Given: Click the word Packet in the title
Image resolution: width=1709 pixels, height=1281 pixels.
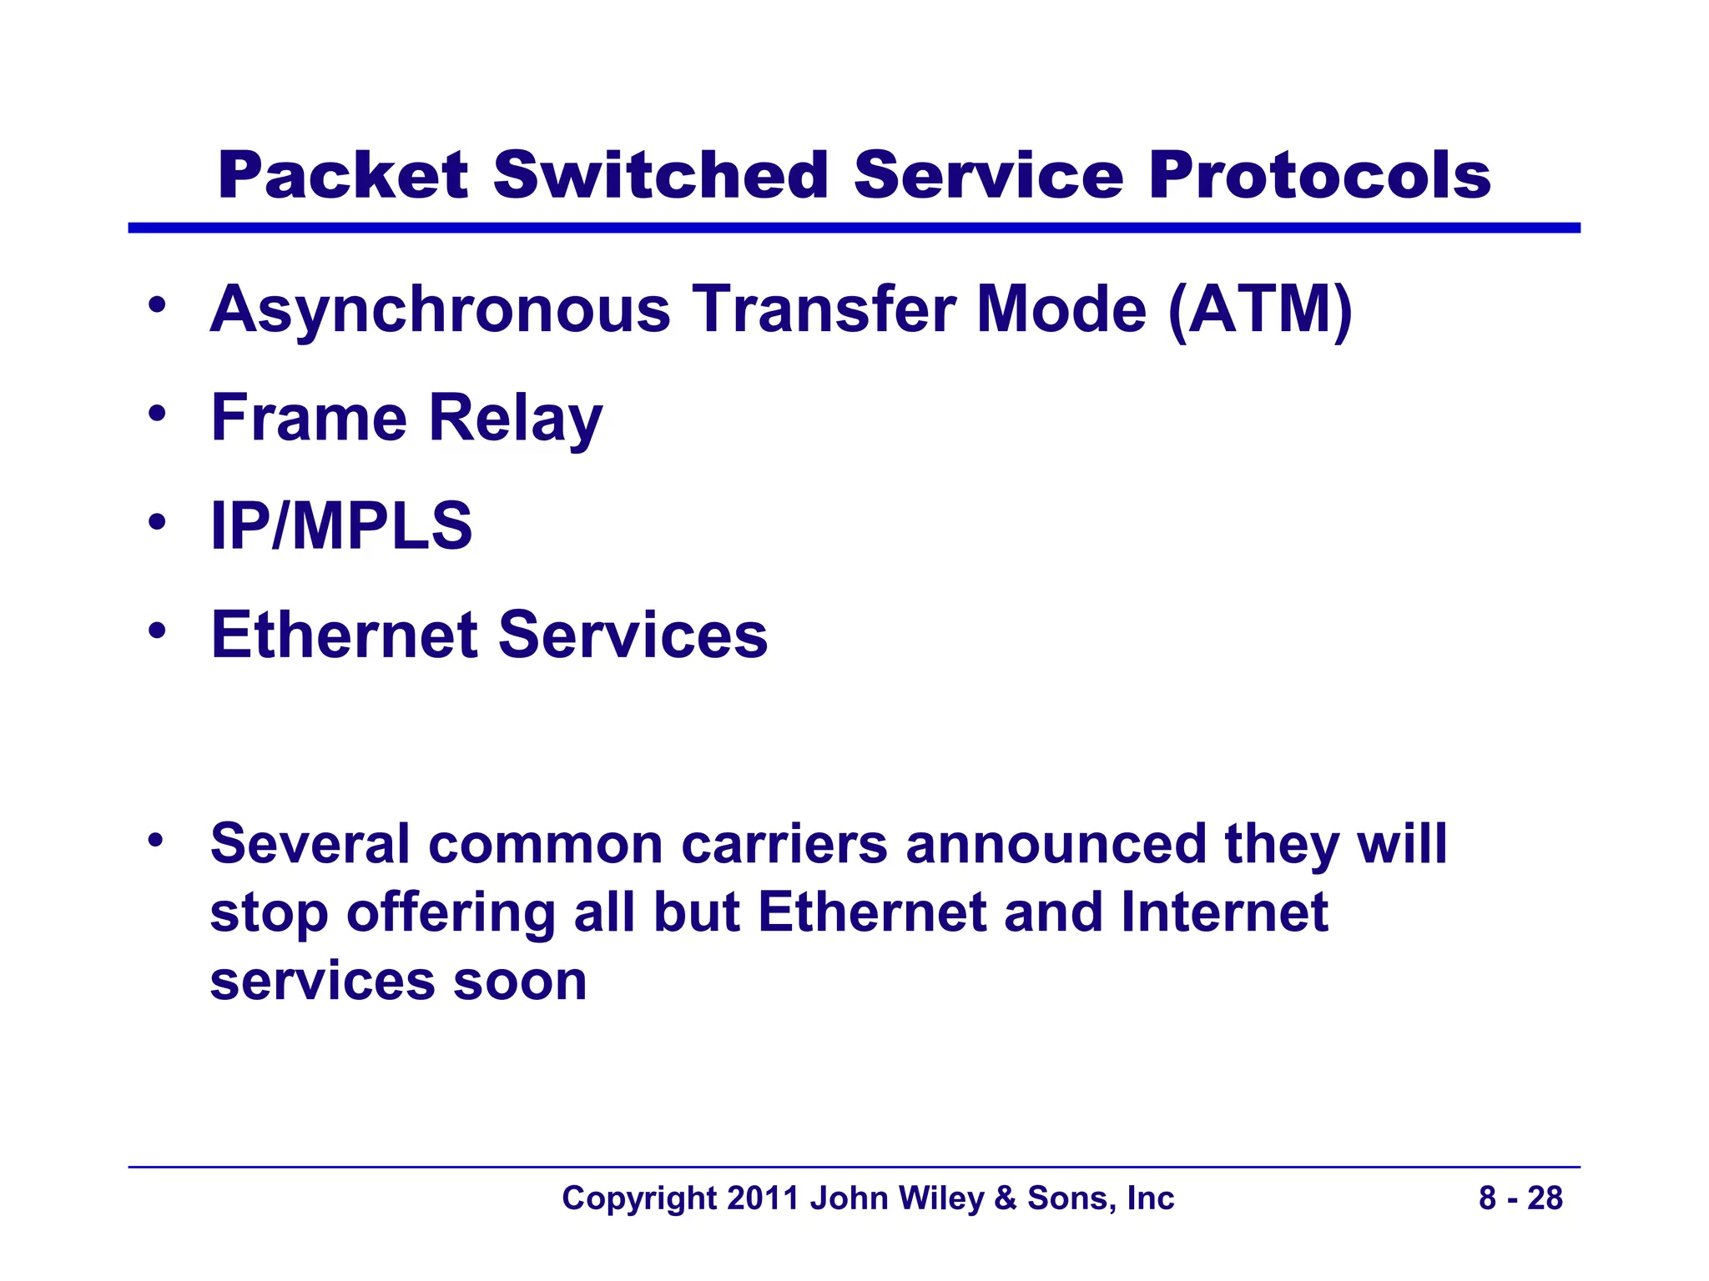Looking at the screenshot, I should (342, 176).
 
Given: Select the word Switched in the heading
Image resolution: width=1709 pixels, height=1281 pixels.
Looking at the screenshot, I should (659, 176).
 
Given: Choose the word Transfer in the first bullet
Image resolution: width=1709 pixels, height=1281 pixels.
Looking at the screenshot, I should (824, 309).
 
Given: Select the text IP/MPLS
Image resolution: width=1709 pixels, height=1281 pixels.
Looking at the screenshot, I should (341, 526).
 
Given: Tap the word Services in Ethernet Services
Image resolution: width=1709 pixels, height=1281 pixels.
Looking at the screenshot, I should (632, 635).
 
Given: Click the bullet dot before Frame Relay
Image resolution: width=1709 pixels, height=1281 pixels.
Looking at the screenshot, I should (156, 413).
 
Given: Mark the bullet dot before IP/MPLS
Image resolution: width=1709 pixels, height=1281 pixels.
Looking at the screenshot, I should (156, 522).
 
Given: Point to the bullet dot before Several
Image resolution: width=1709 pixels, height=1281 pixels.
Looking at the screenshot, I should (156, 840).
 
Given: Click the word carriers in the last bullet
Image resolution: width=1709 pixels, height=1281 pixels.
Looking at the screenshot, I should (784, 844).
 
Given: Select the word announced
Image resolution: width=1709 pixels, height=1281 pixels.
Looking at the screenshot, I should (1056, 844).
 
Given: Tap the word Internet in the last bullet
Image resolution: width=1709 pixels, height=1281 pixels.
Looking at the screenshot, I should (1223, 912).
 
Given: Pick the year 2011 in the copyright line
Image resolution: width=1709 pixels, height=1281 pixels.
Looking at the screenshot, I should (763, 1198).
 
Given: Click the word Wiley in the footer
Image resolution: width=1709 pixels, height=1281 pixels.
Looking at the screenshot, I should (941, 1198).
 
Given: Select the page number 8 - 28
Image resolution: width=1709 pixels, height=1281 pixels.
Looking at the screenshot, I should (1520, 1198).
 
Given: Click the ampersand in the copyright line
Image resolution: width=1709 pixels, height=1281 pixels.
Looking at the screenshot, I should (1006, 1198).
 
